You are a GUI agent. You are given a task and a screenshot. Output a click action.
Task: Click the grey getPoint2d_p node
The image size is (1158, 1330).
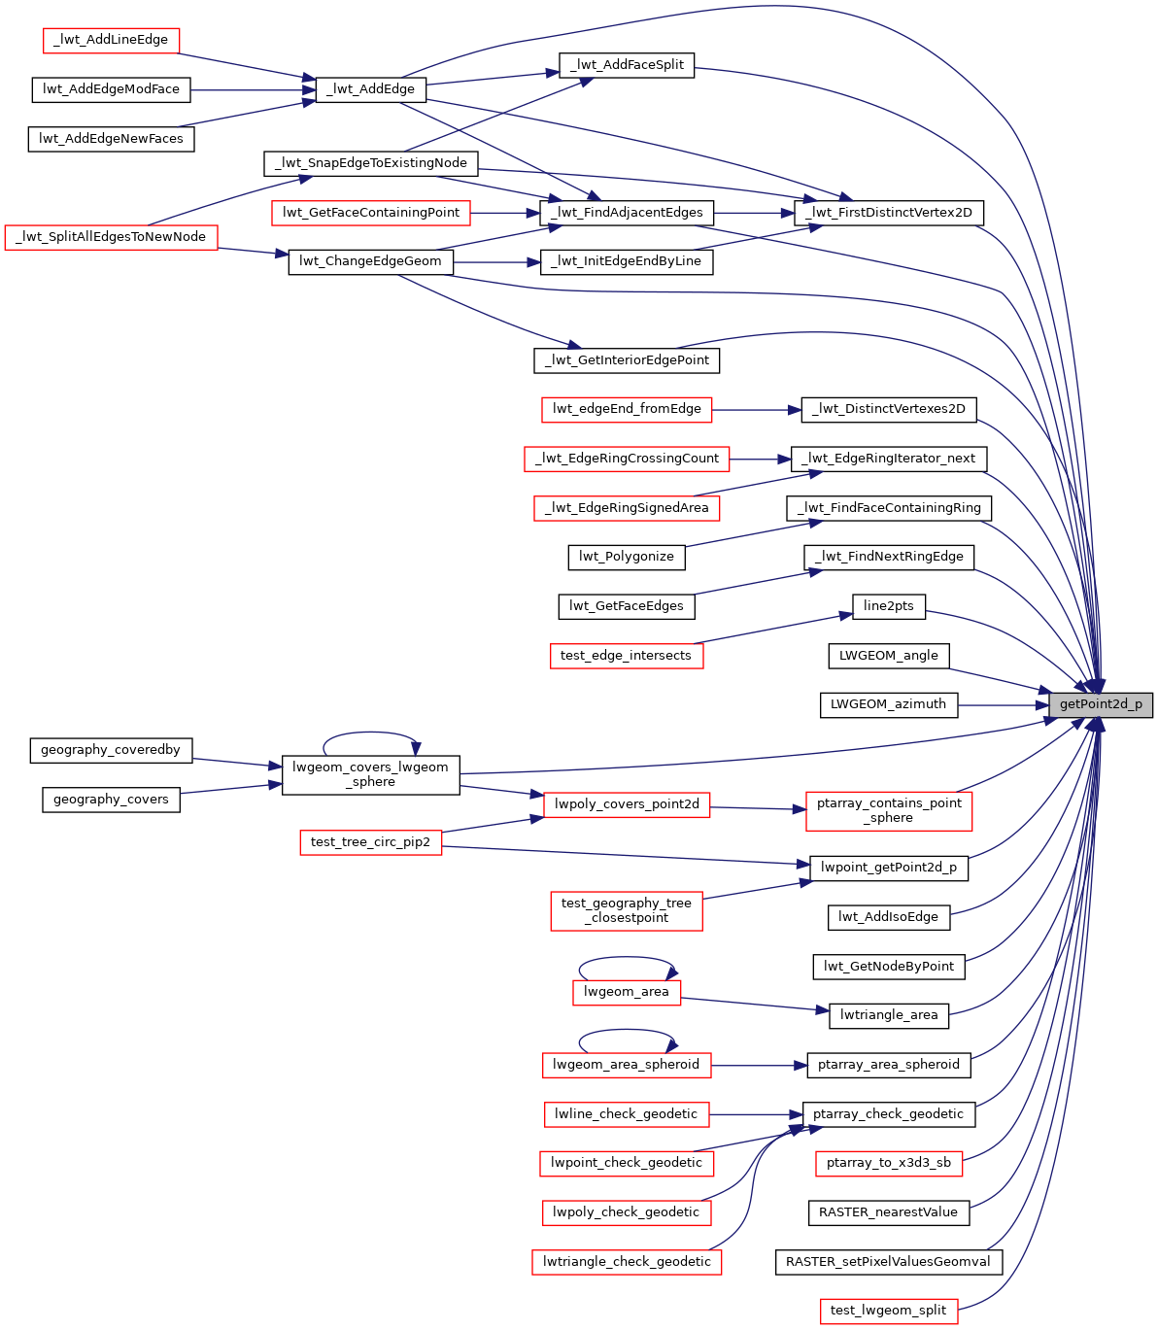click(x=1101, y=704)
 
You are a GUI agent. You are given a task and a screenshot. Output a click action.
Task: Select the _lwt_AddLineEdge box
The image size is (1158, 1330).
click(x=112, y=40)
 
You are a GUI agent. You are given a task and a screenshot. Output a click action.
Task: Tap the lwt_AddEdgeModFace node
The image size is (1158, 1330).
click(x=111, y=89)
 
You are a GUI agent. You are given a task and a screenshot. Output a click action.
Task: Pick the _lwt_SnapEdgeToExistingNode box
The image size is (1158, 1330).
click(x=370, y=163)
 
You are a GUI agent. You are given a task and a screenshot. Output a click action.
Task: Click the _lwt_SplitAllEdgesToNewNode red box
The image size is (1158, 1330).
click(x=111, y=237)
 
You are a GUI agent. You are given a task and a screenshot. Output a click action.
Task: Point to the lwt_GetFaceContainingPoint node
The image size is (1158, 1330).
click(x=370, y=213)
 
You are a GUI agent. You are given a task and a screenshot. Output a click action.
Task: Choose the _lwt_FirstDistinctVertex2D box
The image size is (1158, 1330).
click(x=889, y=213)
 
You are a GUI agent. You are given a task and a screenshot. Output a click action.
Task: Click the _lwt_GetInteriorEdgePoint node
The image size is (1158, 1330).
click(x=627, y=360)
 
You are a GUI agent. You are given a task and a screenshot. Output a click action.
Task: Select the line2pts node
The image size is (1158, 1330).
click(x=889, y=606)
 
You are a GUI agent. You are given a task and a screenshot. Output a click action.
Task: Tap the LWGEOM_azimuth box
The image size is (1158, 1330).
click(x=889, y=704)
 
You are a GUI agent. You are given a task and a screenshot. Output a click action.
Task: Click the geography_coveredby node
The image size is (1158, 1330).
click(x=111, y=750)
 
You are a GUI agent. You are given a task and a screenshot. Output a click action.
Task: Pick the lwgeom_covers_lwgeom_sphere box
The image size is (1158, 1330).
click(x=370, y=774)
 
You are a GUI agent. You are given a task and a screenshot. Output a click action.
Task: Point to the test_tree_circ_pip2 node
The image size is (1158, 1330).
click(x=370, y=842)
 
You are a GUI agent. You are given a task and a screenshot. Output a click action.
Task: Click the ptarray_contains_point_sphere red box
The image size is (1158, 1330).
click(x=889, y=810)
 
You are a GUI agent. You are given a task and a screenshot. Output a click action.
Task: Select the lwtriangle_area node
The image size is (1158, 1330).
click(x=889, y=1015)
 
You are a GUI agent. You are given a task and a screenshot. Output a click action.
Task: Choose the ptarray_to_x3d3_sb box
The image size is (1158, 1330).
click(x=889, y=1163)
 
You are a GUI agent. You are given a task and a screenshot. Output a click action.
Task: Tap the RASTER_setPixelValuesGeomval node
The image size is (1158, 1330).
click(x=889, y=1262)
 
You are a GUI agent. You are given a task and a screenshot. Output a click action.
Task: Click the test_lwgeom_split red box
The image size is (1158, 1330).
click(x=889, y=1311)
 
